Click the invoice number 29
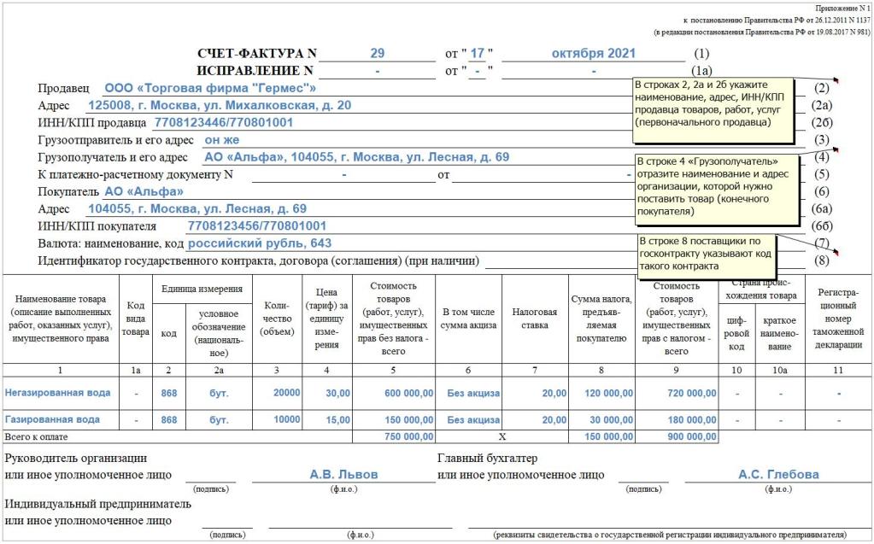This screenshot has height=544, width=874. tap(377, 53)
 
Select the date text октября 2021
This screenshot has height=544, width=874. tap(594, 53)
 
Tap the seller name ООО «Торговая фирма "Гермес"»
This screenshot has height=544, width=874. tap(210, 88)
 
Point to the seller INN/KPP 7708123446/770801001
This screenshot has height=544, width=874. tap(224, 123)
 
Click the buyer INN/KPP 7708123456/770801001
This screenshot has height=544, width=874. tap(256, 226)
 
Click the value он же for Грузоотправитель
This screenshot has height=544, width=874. tap(222, 140)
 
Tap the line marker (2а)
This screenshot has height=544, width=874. tap(822, 106)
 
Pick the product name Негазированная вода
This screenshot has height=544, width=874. tap(57, 393)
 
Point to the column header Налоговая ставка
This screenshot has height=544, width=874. tap(535, 319)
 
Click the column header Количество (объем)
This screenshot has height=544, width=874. tap(277, 319)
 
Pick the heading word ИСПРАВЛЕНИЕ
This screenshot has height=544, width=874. tap(249, 71)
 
